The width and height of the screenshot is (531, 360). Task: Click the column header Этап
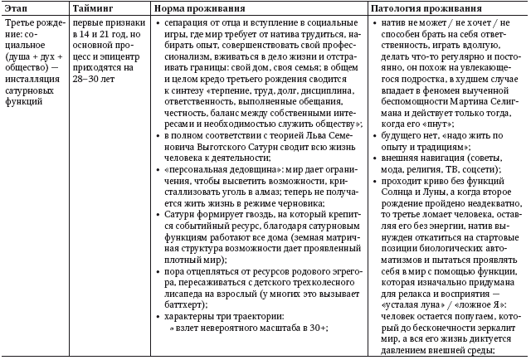coord(18,7)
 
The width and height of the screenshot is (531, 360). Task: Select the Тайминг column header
coord(96,7)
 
